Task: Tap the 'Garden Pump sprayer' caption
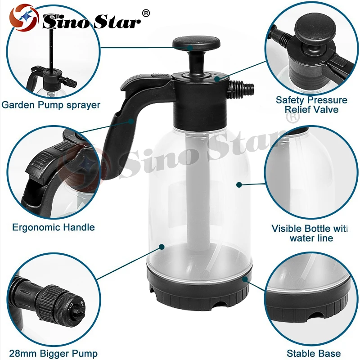pyautogui.click(x=50, y=105)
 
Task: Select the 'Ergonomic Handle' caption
pyautogui.click(x=54, y=227)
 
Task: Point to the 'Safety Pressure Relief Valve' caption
pyautogui.click(x=311, y=104)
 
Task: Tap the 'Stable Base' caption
pyautogui.click(x=314, y=354)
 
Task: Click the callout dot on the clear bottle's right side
pyautogui.click(x=238, y=184)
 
